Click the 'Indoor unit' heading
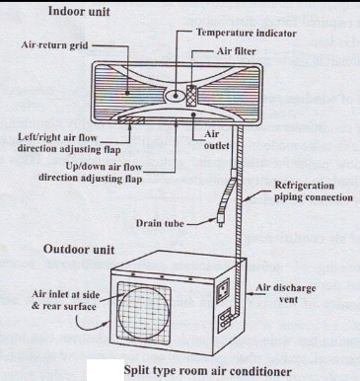(79, 12)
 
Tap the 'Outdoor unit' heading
(79, 249)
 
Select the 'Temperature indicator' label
(247, 33)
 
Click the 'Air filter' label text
(236, 51)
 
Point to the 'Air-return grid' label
(54, 45)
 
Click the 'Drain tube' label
(160, 223)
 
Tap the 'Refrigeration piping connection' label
(314, 191)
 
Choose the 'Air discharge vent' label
(286, 294)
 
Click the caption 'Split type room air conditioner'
(207, 371)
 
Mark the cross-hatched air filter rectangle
(191, 96)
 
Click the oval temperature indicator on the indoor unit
(176, 96)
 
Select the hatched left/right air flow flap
(131, 120)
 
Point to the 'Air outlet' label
(216, 140)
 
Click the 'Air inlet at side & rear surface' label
(65, 300)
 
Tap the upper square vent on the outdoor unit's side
(224, 290)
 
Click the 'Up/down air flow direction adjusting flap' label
(91, 172)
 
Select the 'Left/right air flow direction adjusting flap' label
(69, 143)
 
